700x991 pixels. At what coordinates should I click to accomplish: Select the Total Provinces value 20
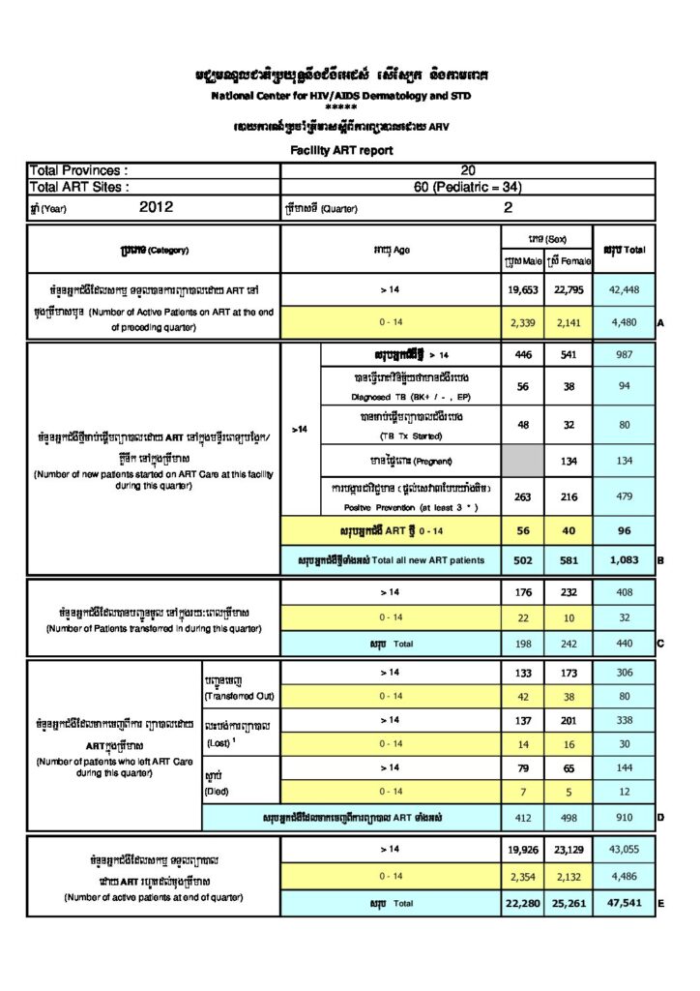tap(468, 169)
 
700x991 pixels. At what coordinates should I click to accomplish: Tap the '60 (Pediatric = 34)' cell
tap(468, 187)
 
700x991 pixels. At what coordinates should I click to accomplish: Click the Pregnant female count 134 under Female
tap(569, 461)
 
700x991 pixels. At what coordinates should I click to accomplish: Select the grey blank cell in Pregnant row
tap(523, 461)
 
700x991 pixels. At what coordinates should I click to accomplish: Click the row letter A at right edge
tap(660, 323)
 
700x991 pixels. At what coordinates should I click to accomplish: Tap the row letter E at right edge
tap(660, 904)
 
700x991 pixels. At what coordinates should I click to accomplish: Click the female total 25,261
tap(569, 904)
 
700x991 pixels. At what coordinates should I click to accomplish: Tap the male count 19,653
tap(523, 288)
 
